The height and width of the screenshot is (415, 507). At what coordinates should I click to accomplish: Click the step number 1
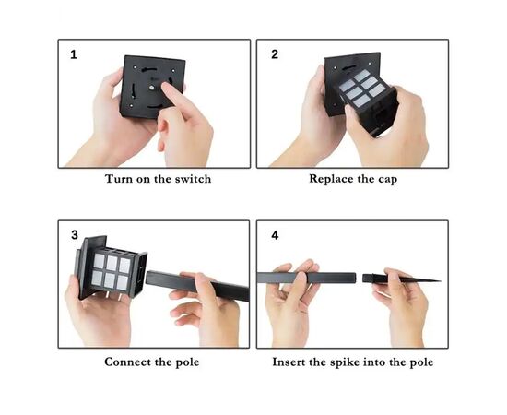click(74, 54)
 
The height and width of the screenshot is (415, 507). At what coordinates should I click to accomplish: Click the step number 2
click(275, 54)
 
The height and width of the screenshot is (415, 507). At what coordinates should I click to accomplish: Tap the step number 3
click(75, 235)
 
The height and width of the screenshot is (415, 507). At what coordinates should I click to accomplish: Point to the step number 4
click(275, 235)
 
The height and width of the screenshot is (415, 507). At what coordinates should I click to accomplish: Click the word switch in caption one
click(193, 179)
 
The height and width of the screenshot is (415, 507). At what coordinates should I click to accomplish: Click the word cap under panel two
click(387, 180)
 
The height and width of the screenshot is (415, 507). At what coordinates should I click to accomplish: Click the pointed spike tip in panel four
click(440, 280)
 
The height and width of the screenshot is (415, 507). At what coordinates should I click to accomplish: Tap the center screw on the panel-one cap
click(151, 87)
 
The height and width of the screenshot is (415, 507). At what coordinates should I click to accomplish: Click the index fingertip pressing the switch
click(166, 86)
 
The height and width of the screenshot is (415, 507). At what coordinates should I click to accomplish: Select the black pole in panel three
click(197, 286)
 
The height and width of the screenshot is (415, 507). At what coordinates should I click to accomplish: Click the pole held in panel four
click(306, 278)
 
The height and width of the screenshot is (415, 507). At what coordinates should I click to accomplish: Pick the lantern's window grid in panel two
click(363, 88)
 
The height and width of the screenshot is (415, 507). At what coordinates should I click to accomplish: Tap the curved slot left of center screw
click(134, 90)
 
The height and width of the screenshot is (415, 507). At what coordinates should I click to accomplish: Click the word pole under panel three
click(187, 362)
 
